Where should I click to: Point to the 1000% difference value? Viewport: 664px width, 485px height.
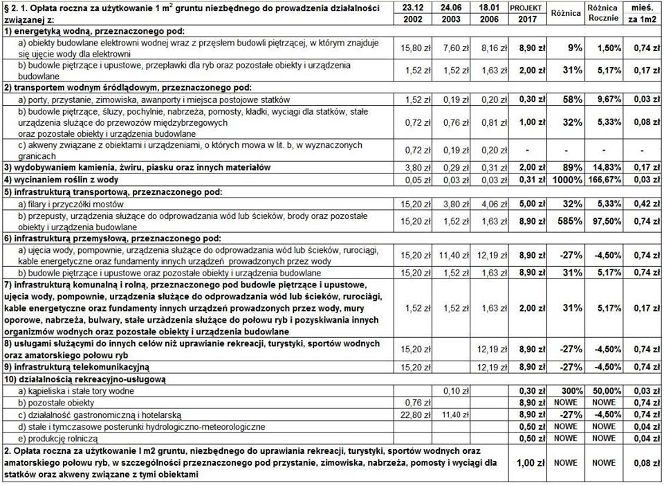(x=565, y=180)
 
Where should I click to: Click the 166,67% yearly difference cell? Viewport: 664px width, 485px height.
(x=603, y=180)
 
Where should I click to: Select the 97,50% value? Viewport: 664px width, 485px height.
(x=603, y=220)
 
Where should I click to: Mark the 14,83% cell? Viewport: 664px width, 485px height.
(x=603, y=167)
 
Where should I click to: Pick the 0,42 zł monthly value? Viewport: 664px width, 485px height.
(x=644, y=204)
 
